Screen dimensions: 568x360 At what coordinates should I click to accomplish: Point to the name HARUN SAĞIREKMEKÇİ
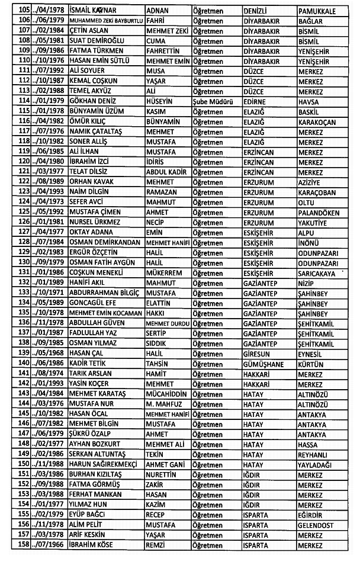[x=102, y=463]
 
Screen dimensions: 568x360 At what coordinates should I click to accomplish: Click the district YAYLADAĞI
[x=318, y=463]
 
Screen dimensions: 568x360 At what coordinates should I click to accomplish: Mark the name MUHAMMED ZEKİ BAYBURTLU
[x=105, y=22]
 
